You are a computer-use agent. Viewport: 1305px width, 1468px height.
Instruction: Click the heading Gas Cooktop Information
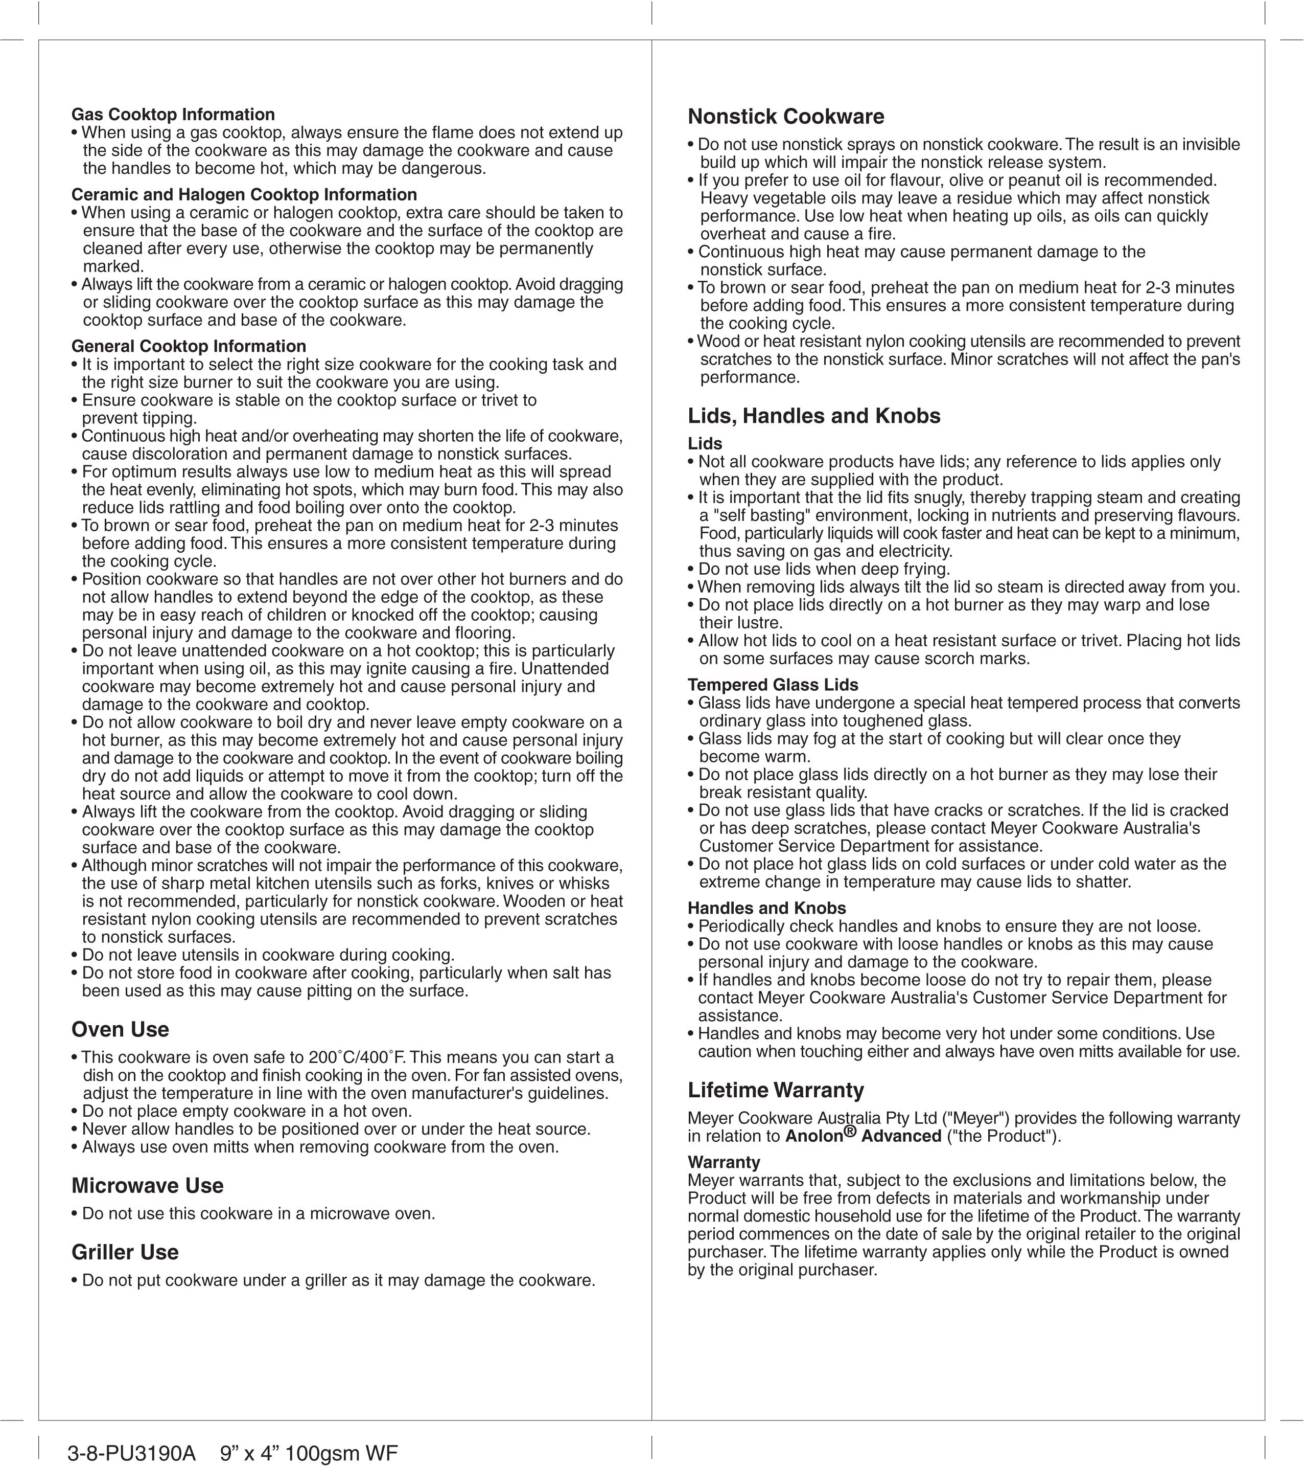coord(173,115)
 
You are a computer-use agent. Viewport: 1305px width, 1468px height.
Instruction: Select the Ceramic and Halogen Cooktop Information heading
coord(244,195)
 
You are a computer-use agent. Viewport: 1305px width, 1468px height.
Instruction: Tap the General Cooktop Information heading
coord(189,346)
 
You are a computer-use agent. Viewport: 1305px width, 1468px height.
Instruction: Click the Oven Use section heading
coord(120,1029)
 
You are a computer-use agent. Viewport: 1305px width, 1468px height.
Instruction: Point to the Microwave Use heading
coord(147,1185)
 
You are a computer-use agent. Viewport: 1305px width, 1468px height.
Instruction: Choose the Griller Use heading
coord(125,1252)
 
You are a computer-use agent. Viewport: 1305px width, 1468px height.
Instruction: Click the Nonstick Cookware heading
coord(785,117)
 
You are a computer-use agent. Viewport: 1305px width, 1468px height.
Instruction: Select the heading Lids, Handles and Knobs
coord(813,416)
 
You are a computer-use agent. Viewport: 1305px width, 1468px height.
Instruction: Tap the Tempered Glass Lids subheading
coord(773,685)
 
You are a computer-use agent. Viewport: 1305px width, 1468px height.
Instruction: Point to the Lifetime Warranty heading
coord(775,1090)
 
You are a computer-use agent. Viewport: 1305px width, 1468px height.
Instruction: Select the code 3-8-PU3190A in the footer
coord(131,1454)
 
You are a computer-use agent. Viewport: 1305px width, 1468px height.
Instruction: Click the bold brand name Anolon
coord(813,1136)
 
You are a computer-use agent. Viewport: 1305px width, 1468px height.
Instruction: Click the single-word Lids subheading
coord(705,444)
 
